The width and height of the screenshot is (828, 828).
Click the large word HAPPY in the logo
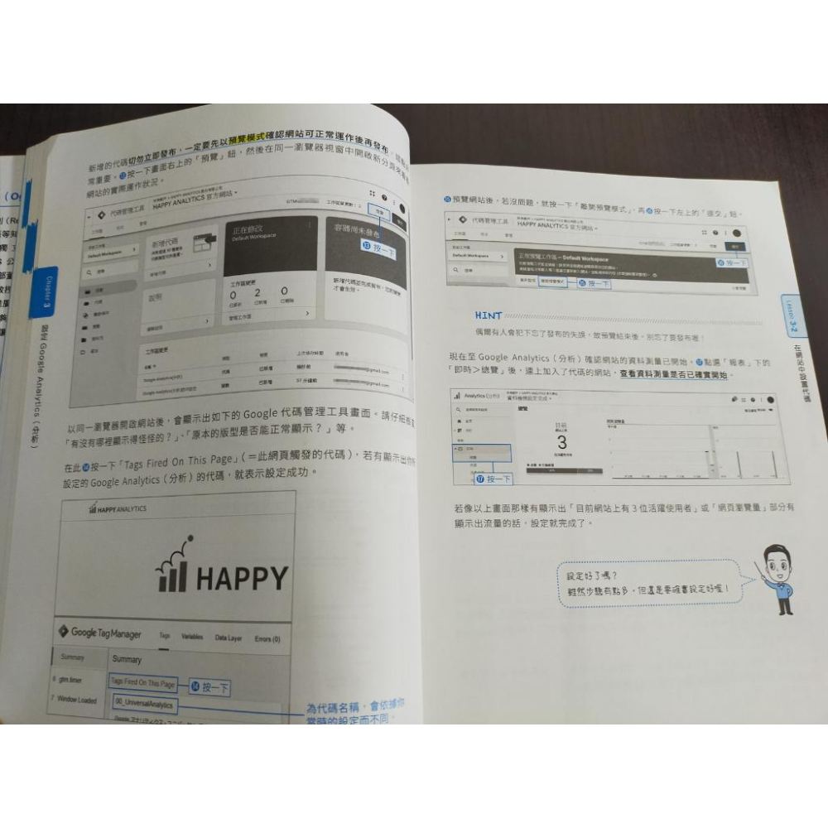coord(242,577)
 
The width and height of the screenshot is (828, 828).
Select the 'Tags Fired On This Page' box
coord(142,683)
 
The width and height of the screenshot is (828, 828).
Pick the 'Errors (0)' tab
coord(267,638)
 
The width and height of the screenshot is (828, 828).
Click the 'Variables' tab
coord(192,637)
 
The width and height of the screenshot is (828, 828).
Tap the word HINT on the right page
coord(489,315)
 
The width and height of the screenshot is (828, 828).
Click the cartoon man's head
coord(777,561)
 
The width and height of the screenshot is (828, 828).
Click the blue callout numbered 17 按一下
coord(493,479)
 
